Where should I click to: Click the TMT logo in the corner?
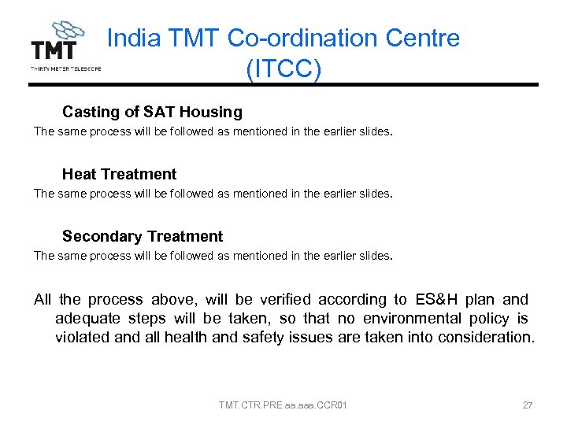[60, 43]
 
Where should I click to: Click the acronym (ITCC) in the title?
[283, 68]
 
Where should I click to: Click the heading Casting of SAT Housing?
[152, 112]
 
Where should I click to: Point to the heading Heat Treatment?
[119, 174]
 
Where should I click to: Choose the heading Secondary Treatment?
[143, 236]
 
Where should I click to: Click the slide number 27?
[528, 405]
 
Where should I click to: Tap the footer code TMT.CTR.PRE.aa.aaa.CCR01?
[283, 405]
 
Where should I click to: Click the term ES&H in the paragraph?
[436, 299]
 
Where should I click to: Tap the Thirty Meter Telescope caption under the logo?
[65, 68]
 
